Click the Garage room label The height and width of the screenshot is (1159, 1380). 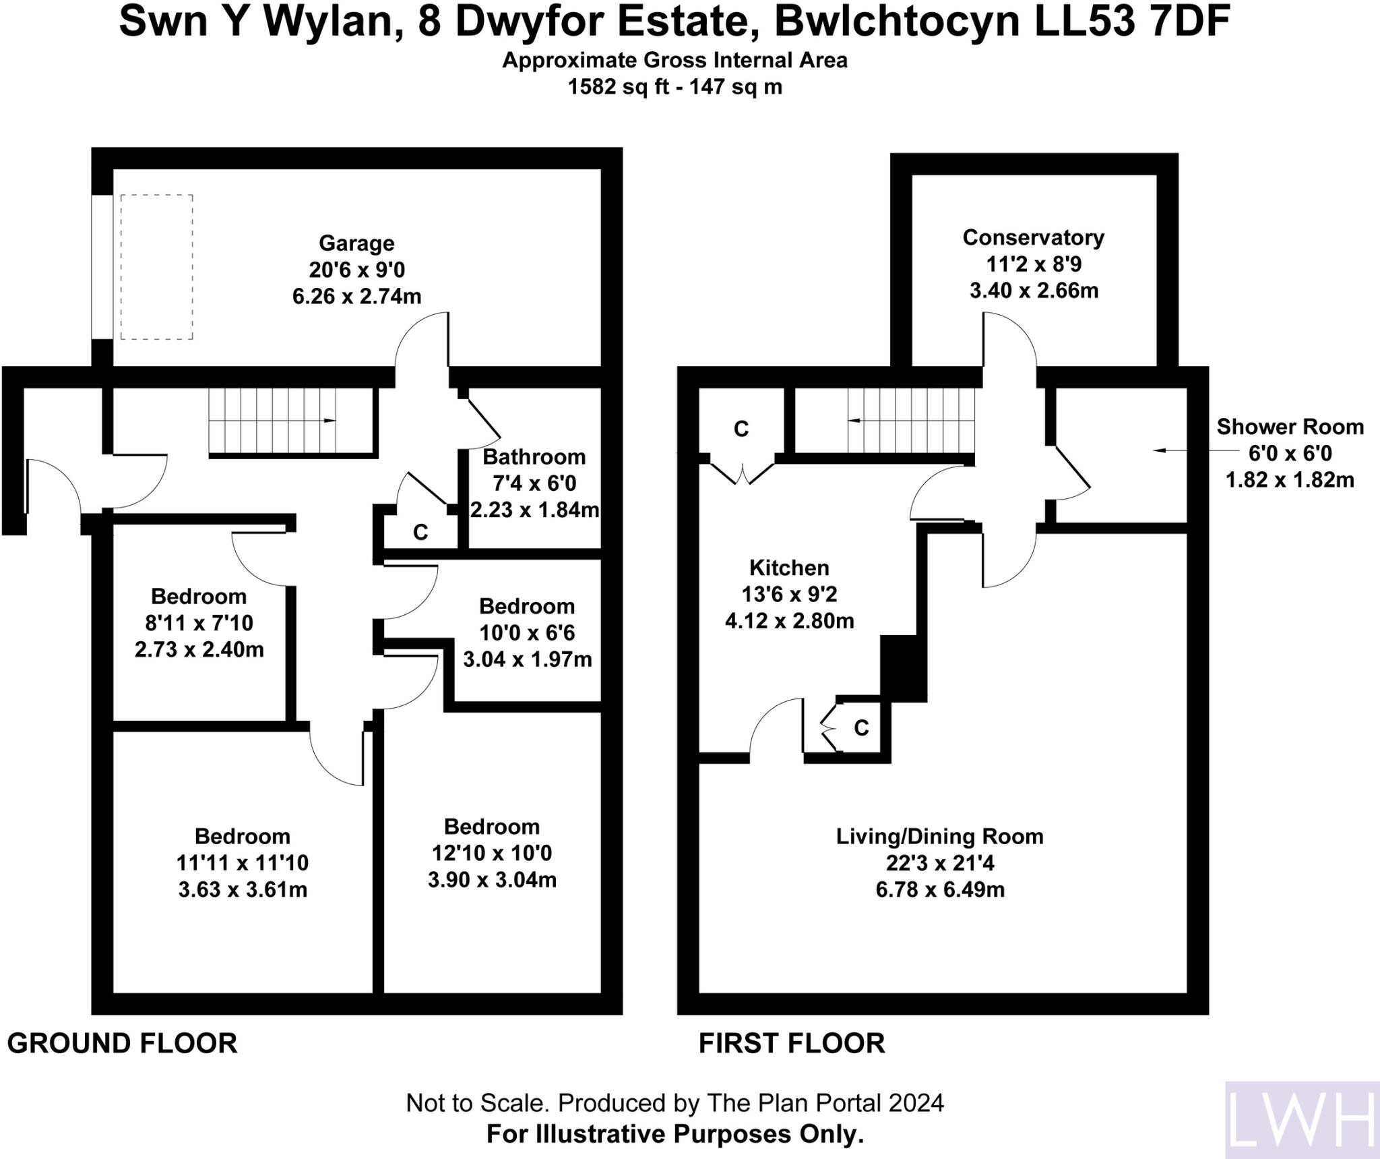pyautogui.click(x=356, y=243)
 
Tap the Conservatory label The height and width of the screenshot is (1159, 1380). pyautogui.click(x=1033, y=237)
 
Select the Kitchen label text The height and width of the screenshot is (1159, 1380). pyautogui.click(x=789, y=568)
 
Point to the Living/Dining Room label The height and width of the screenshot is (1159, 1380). pyautogui.click(x=939, y=837)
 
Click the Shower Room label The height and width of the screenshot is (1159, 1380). pyautogui.click(x=1290, y=427)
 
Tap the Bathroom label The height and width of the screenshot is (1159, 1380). pyautogui.click(x=534, y=457)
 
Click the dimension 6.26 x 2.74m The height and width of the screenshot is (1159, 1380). pyautogui.click(x=356, y=296)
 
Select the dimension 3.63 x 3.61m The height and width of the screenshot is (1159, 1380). pyautogui.click(x=243, y=889)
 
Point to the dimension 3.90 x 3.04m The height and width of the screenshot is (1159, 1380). pyautogui.click(x=492, y=880)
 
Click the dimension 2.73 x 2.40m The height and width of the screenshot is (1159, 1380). pyautogui.click(x=199, y=650)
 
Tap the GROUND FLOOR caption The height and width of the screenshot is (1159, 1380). pyautogui.click(x=122, y=1043)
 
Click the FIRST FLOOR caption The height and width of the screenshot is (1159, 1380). pyautogui.click(x=791, y=1043)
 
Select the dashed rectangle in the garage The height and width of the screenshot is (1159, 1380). pyautogui.click(x=157, y=267)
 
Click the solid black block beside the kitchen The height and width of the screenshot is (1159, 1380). pyautogui.click(x=904, y=668)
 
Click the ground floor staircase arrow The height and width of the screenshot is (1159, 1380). pyautogui.click(x=328, y=421)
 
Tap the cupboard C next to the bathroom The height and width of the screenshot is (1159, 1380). pyautogui.click(x=420, y=533)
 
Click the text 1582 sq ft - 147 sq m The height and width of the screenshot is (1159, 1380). pyautogui.click(x=675, y=88)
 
